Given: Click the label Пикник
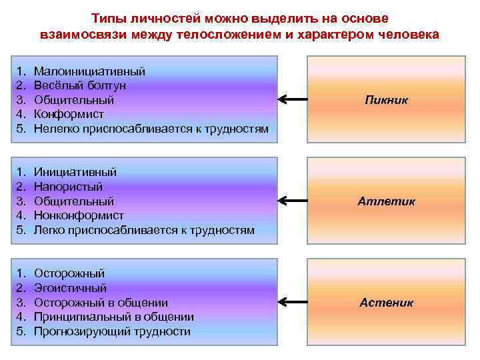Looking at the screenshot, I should [x=386, y=100].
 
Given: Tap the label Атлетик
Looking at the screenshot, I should [x=386, y=201].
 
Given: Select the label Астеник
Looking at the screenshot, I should [x=386, y=303].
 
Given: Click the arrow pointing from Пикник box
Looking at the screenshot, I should [x=292, y=100].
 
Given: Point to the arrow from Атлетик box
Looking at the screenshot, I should [x=292, y=201].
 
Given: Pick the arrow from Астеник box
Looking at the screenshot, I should [x=292, y=303].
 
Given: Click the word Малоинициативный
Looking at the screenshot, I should [x=89, y=71].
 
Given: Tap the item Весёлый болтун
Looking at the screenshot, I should [x=79, y=85].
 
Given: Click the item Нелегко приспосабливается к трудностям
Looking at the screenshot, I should [x=151, y=129].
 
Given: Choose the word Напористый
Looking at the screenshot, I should [x=68, y=187].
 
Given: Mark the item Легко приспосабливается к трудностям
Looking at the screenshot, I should [x=144, y=230].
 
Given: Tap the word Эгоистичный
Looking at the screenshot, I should [x=70, y=288].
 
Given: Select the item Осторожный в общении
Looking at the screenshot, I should [x=101, y=303].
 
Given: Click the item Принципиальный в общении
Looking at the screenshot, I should [x=113, y=317].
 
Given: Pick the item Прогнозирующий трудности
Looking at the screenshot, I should [x=112, y=331].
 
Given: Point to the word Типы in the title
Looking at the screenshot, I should [x=105, y=18].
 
